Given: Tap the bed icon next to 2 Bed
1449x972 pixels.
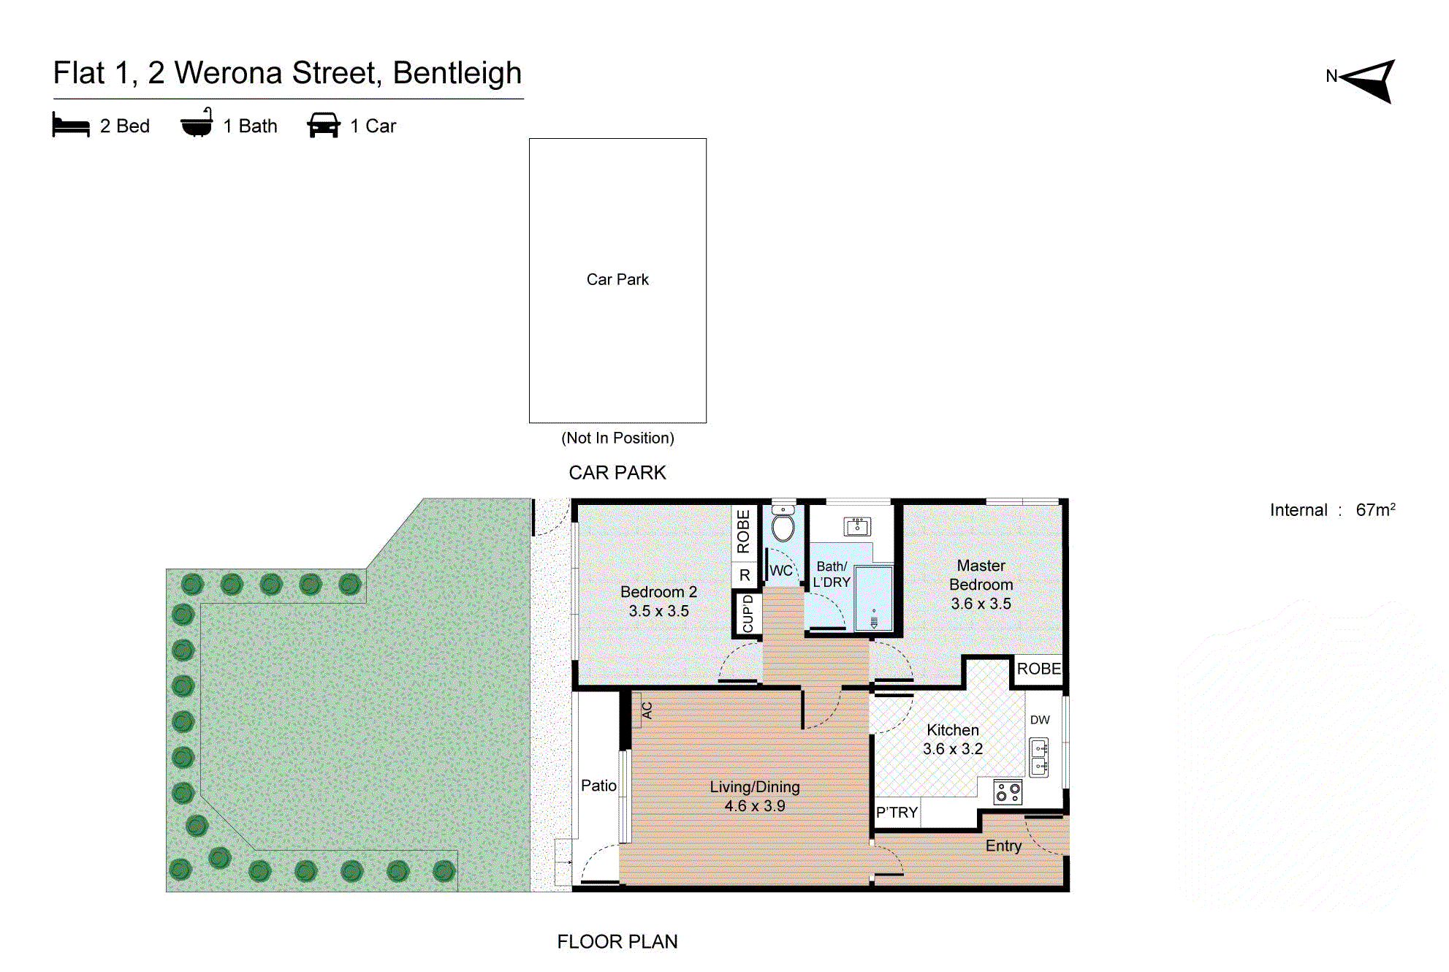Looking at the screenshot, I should tap(71, 125).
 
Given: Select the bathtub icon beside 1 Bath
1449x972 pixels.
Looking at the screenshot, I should tap(197, 124).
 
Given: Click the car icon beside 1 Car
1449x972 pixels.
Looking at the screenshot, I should tap(324, 125).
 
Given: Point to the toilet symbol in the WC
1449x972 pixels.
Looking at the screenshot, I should tap(783, 525).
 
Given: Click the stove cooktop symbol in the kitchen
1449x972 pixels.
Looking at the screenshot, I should tap(1008, 791).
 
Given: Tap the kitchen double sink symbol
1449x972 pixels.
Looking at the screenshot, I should tap(1039, 757).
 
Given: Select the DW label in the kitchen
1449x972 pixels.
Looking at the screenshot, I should tap(1039, 720).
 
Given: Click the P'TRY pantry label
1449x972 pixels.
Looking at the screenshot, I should tap(897, 813).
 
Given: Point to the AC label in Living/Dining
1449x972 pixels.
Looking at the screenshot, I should tap(647, 710).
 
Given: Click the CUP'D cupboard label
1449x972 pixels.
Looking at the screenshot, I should tap(748, 613).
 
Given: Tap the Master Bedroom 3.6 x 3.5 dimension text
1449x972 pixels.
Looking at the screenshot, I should tap(981, 604).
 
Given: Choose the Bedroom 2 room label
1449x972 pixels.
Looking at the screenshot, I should tap(658, 592).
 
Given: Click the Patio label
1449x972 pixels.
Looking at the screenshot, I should tap(598, 786).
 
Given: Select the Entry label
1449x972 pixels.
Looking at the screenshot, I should tap(1003, 846).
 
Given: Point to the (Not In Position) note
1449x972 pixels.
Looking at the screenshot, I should tap(617, 438).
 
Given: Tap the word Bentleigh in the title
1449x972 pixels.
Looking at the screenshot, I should tap(457, 73).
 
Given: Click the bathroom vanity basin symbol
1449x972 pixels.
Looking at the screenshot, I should tap(857, 526).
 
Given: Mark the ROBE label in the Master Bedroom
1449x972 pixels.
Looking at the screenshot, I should tap(1038, 669).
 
